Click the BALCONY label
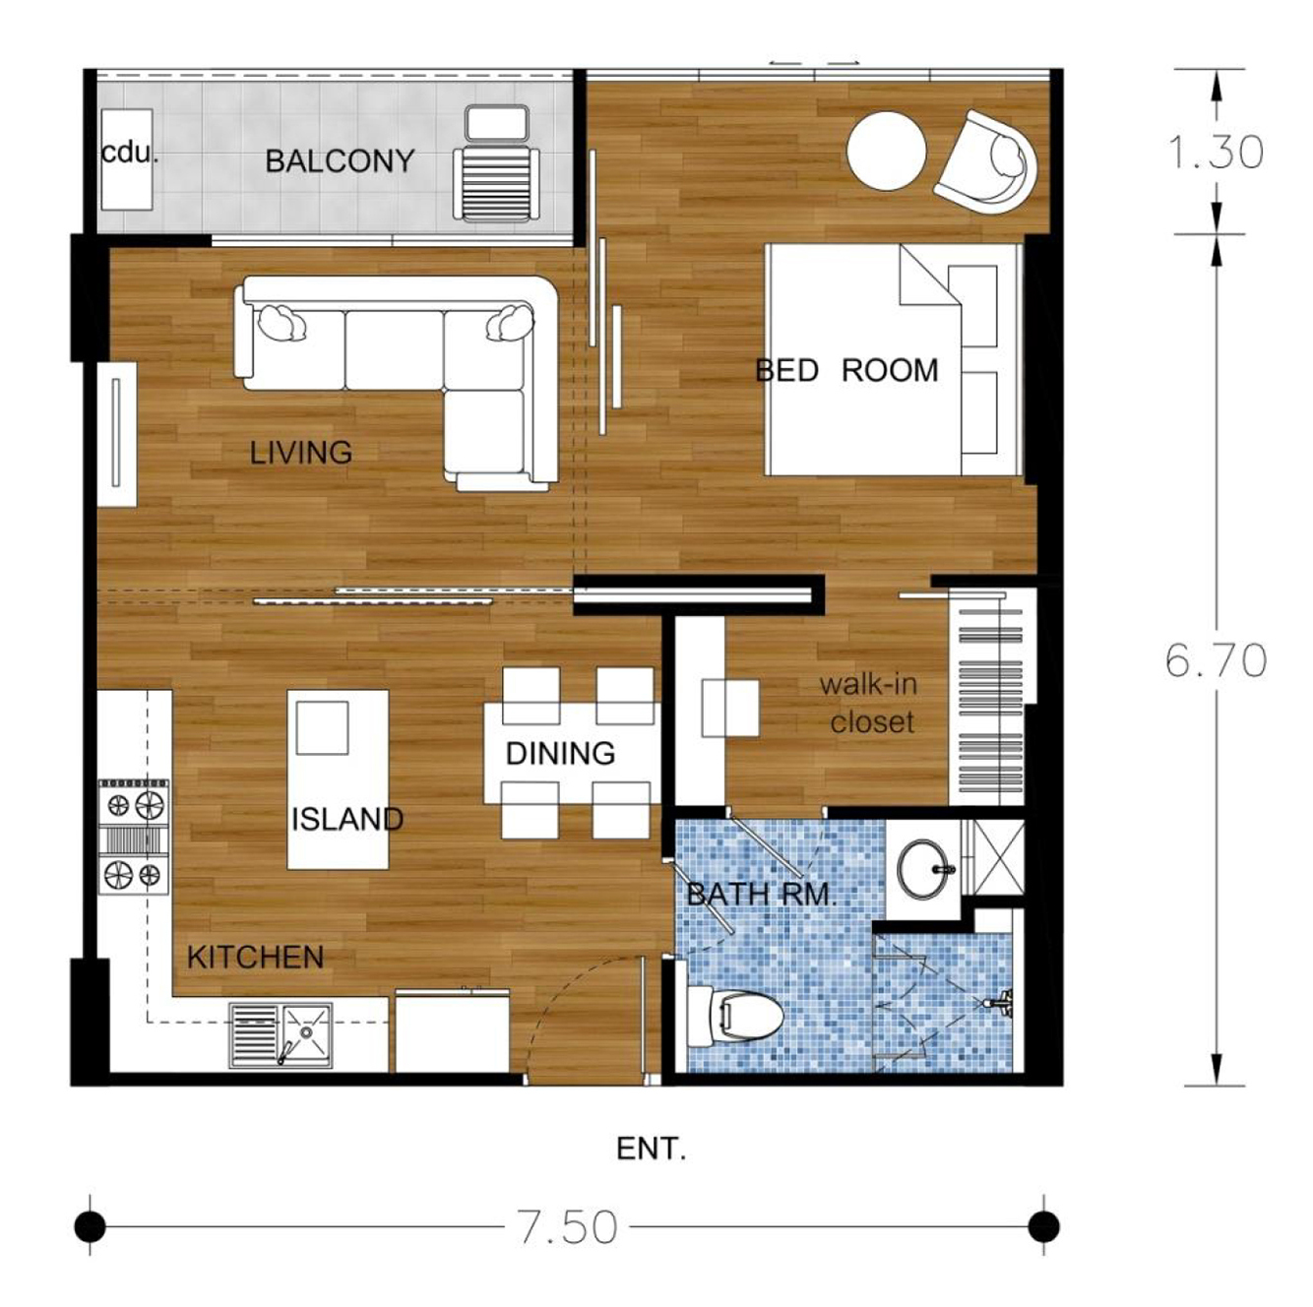340,161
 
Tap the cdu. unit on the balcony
127,158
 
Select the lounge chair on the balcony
496,162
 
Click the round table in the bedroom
887,150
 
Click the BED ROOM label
846,371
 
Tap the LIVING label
301,453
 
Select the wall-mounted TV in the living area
116,433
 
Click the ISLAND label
346,819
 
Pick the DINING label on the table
561,753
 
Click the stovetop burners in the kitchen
134,838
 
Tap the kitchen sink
281,1035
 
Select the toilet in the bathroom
734,1018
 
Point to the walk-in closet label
869,703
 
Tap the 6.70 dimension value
1217,659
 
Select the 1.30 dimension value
1217,152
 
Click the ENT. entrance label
651,1150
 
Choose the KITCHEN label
256,958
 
